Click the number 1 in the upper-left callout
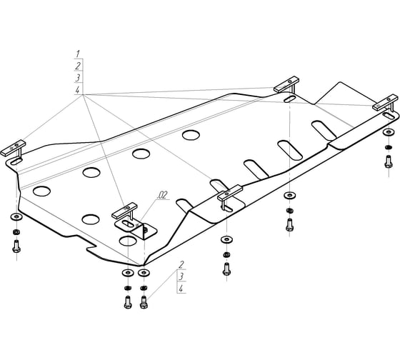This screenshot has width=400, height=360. click(78, 54)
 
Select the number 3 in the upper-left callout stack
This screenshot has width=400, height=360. click(78, 78)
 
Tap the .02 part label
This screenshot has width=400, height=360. click(163, 195)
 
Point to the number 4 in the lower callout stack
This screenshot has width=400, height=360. click(181, 289)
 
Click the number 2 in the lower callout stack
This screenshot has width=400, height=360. click(181, 264)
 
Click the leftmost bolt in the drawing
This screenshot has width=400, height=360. click(16, 246)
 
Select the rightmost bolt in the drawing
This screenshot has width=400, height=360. click(389, 161)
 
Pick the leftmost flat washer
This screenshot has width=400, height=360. click(16, 217)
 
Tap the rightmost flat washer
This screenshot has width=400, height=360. click(389, 132)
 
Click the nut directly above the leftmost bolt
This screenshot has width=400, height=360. click(16, 232)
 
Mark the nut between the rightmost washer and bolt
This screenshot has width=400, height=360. click(389, 147)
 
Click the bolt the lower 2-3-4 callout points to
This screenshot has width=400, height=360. click(144, 302)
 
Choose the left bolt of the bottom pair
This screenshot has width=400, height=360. click(128, 302)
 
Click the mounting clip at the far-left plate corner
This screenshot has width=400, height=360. click(14, 149)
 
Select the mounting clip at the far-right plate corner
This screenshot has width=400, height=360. click(386, 102)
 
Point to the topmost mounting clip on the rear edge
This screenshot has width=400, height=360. click(286, 84)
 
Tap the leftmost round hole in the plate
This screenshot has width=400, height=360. click(41, 191)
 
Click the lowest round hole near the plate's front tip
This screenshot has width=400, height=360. click(128, 241)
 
